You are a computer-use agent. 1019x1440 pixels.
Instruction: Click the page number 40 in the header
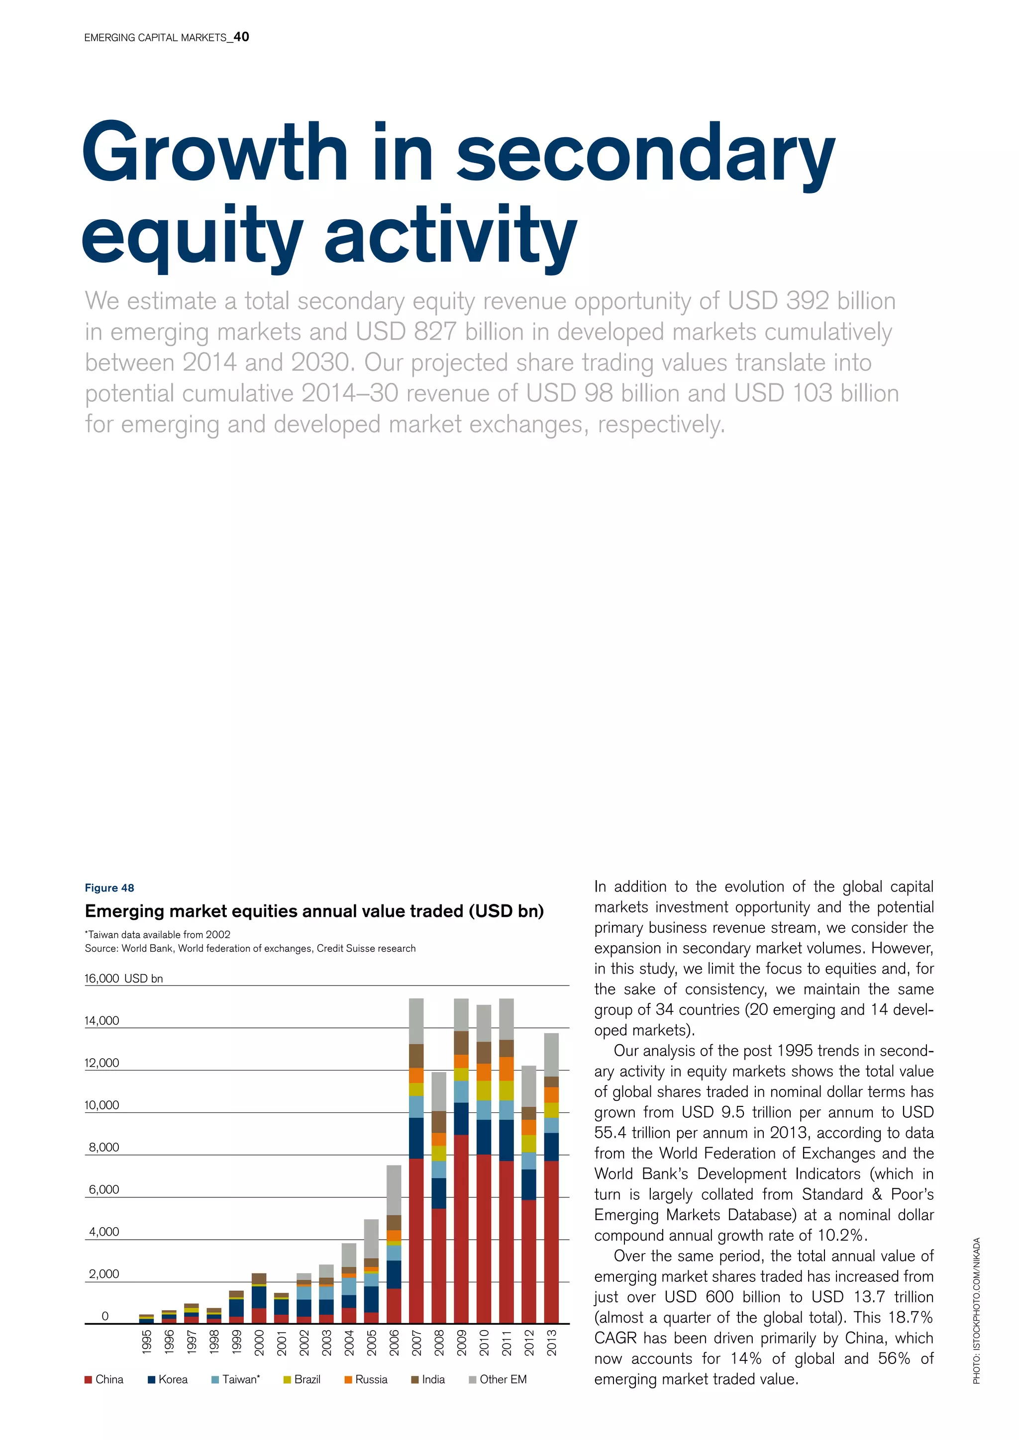pos(241,37)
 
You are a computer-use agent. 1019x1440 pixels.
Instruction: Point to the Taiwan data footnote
pos(158,934)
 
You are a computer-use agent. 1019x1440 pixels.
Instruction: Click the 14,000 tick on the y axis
pos(102,1020)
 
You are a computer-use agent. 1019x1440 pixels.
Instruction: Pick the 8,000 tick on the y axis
pos(103,1147)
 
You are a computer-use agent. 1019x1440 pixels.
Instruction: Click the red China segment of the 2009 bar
pos(461,1229)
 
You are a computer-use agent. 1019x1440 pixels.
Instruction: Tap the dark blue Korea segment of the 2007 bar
pos(416,1138)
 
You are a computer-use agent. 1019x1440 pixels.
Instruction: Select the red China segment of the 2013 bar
pos(551,1242)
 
